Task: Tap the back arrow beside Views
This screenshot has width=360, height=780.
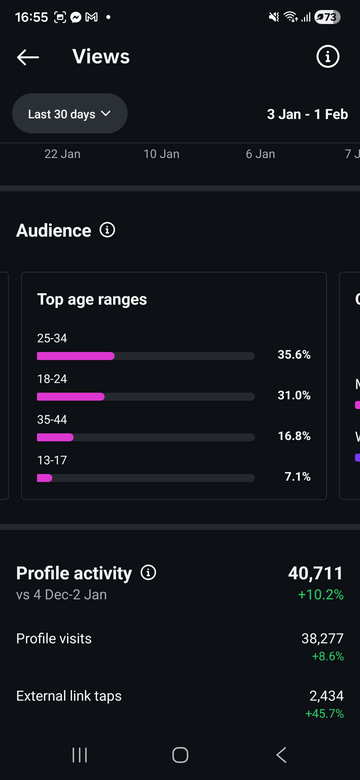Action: point(28,57)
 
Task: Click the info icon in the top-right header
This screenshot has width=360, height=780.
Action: point(328,56)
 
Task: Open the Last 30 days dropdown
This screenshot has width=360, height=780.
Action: point(70,114)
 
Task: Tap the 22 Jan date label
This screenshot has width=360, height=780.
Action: point(62,154)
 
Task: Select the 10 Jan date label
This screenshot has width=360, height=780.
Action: point(161,154)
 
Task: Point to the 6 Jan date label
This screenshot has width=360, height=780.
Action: point(260,154)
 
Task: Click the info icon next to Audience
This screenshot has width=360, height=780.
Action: point(107,230)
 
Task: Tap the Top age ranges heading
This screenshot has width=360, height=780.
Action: point(92,299)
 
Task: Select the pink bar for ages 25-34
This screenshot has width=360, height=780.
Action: point(76,356)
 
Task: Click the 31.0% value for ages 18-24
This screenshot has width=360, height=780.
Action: point(294,395)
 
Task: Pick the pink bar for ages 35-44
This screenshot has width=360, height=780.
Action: point(55,437)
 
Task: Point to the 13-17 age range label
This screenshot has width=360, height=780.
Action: point(52,460)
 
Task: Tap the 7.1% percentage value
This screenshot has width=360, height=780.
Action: point(297,477)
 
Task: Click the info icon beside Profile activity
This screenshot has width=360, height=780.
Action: point(148,573)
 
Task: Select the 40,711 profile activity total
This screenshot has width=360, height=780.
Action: point(315,573)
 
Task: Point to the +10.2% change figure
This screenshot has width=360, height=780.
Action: point(321,595)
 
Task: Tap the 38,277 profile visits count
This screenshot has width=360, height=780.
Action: point(322,639)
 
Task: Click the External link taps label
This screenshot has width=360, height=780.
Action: point(69,696)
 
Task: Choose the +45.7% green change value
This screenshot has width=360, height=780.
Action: point(324,714)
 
